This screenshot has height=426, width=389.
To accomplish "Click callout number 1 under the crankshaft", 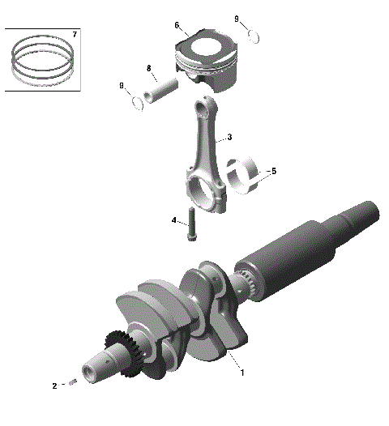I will pos(241,373).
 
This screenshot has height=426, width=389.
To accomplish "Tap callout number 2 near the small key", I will pos(54,386).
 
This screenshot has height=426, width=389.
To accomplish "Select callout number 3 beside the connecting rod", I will pos(229,138).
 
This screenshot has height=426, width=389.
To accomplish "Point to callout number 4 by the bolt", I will pos(173,219).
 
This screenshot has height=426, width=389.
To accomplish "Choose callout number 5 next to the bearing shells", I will pos(273,172).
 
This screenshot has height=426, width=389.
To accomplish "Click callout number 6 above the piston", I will pos(177,25).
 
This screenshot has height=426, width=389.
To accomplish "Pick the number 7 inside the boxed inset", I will pos(75,35).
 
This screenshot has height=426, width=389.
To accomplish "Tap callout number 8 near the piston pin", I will pos(149,67).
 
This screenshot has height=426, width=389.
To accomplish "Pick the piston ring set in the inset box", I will pos(42,62).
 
